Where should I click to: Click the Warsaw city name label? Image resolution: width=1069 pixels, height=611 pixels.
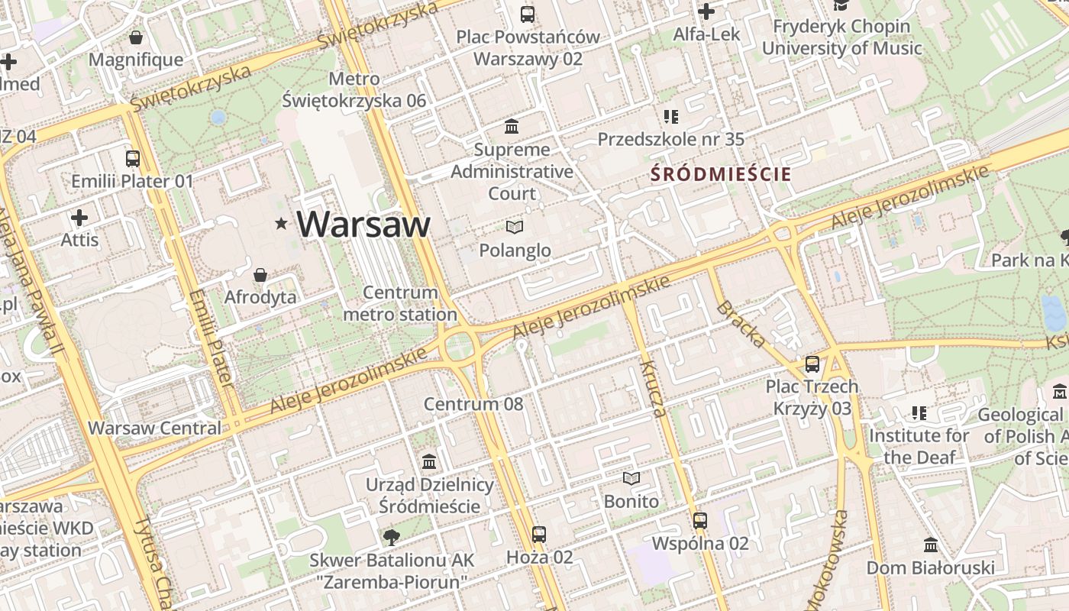[x=363, y=224]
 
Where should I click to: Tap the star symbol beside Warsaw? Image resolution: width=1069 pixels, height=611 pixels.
[x=282, y=224]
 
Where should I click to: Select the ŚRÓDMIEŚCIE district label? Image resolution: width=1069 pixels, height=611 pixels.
[x=721, y=174]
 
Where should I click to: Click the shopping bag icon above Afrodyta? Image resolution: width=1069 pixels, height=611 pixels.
[x=260, y=275]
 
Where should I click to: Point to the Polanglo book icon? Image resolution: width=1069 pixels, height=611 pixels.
[x=515, y=227]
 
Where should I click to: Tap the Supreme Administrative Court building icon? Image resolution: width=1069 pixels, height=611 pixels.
[x=511, y=126]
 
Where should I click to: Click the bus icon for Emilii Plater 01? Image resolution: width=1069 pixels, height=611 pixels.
[x=133, y=159]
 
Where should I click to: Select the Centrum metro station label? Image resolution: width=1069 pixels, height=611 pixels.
[x=400, y=303]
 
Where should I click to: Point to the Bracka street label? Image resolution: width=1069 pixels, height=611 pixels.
[x=740, y=324]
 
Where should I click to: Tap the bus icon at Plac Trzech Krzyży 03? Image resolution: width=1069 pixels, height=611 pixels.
[x=812, y=364]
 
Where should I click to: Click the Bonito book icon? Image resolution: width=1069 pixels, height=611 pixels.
[x=631, y=479]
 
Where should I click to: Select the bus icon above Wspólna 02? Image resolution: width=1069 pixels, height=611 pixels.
[x=700, y=521]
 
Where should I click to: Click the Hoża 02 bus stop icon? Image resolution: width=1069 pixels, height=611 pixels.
[x=539, y=535]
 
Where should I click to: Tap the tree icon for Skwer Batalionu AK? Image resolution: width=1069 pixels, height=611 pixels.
[x=392, y=537]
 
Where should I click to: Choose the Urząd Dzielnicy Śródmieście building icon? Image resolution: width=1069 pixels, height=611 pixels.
[x=429, y=462]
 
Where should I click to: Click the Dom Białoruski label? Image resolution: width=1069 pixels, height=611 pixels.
[x=930, y=567]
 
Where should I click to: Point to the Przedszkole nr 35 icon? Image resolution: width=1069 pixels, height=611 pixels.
[x=670, y=117]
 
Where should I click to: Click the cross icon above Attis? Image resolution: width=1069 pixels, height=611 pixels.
[x=79, y=218]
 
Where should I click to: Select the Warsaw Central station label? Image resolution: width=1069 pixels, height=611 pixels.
[x=154, y=428]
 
